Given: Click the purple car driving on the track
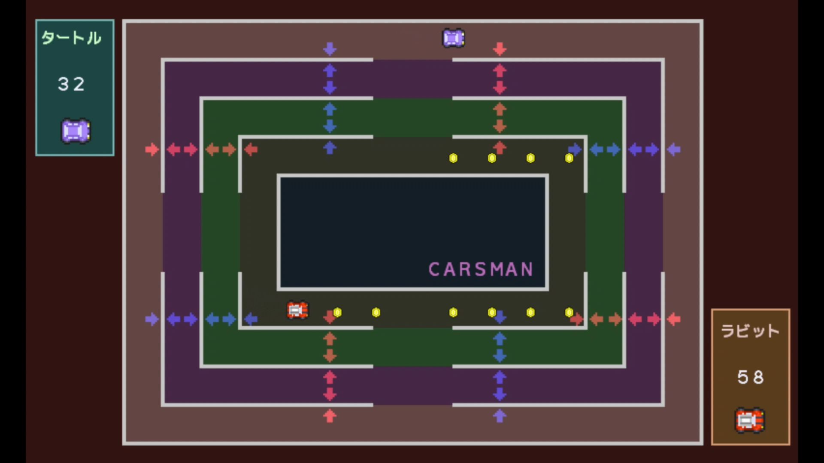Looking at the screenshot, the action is [454, 38].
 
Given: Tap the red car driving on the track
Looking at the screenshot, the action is [297, 310].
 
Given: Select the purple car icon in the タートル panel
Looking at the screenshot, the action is [76, 131].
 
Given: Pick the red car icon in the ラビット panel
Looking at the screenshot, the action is [750, 420].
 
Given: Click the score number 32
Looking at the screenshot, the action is [71, 84].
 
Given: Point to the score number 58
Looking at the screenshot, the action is [751, 377].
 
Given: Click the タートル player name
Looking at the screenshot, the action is [71, 38].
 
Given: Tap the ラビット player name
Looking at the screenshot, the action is [750, 331].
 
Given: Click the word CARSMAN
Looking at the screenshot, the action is [481, 269].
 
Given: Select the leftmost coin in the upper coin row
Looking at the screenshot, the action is [453, 158].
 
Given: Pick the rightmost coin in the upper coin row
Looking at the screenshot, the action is [569, 158].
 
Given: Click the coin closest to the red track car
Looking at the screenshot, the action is [337, 313].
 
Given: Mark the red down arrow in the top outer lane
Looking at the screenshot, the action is [500, 49].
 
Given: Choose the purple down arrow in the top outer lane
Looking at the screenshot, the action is [330, 49].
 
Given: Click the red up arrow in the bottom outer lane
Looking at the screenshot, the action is [330, 416].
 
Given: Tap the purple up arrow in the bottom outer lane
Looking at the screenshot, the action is [500, 416].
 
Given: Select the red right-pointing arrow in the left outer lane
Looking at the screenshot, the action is [152, 150].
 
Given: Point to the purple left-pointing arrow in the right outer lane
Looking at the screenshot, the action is [674, 150].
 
